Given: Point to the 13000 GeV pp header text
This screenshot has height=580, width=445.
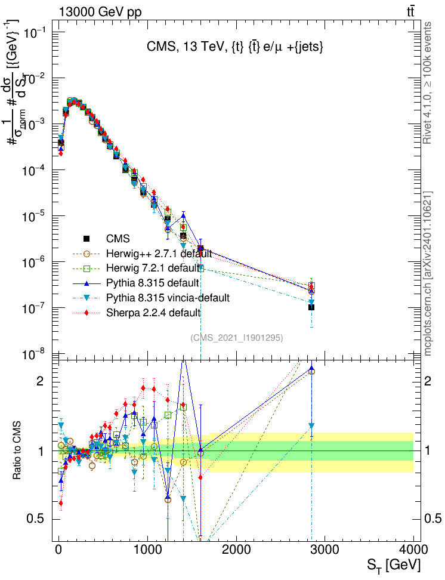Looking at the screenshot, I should pyautogui.click(x=100, y=11).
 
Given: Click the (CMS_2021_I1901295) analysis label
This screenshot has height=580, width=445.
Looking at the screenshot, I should pyautogui.click(x=237, y=338).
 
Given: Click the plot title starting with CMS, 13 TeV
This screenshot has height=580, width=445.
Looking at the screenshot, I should pyautogui.click(x=235, y=48).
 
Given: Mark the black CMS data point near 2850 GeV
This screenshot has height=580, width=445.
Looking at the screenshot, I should pyautogui.click(x=311, y=307).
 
